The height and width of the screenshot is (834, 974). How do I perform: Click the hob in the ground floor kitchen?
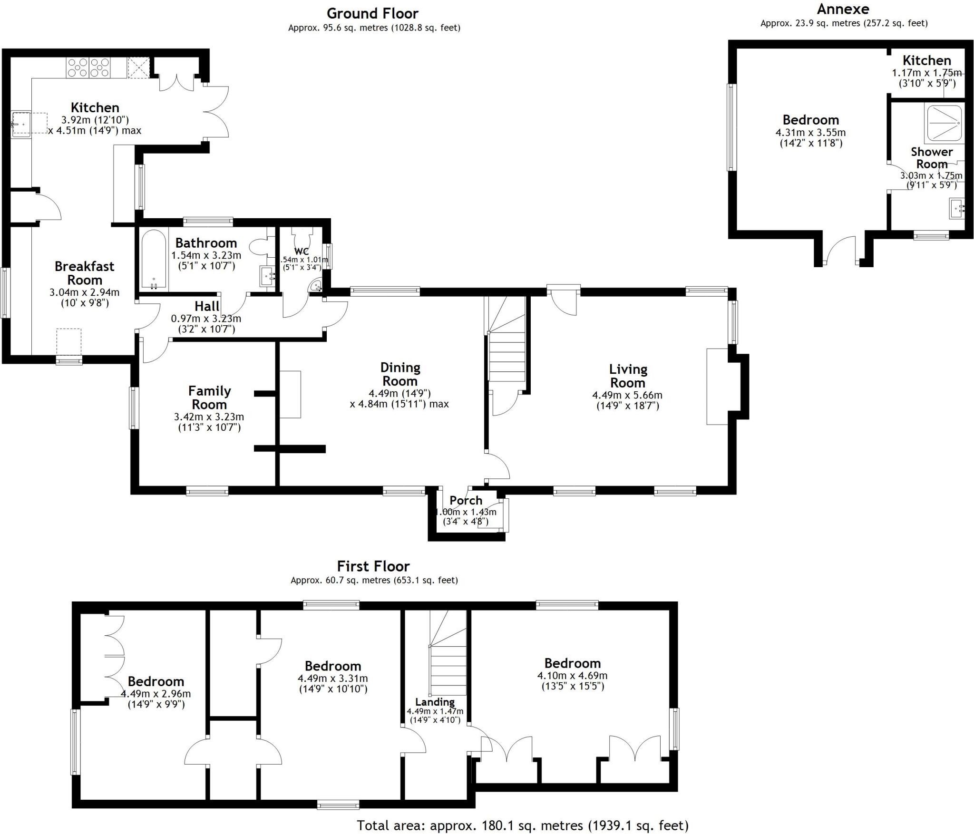[x=89, y=67]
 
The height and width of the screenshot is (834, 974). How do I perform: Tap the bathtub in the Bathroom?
[x=154, y=260]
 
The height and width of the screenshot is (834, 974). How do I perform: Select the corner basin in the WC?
[x=316, y=286]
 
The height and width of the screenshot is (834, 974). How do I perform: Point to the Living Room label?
[x=628, y=376]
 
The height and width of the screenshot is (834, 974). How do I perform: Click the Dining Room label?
[x=400, y=374]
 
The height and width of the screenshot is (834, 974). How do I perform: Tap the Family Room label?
[x=209, y=398]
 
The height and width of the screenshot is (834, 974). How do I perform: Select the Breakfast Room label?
[x=84, y=273]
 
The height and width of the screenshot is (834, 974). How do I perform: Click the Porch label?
[x=466, y=500]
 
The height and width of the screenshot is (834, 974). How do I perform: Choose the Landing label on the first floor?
[x=435, y=702]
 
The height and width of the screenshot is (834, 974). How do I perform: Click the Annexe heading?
[x=843, y=9]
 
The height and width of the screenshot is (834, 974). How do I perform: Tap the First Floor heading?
[x=373, y=566]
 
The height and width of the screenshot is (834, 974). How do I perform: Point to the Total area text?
[x=523, y=825]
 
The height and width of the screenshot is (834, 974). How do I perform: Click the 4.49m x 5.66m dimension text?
[x=627, y=395]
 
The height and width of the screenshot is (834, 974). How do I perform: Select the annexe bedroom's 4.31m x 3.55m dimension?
[x=810, y=133]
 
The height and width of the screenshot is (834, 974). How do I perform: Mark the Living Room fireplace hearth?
[x=717, y=386]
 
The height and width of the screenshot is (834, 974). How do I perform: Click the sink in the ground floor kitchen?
[x=21, y=125]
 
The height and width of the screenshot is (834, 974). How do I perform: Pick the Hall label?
[x=207, y=306]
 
